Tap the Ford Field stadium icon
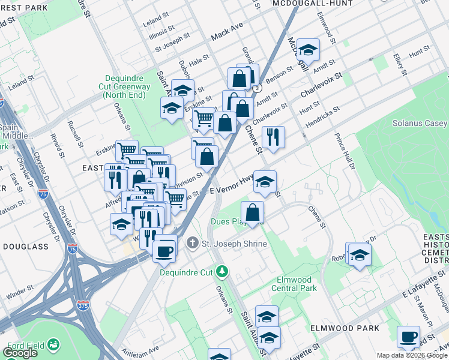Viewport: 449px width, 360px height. point(53,344)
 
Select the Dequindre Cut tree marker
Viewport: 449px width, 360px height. point(223,272)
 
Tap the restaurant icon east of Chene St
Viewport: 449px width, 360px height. point(273,137)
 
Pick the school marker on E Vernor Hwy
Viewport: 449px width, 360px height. point(264,182)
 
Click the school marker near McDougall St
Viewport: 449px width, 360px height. point(308,50)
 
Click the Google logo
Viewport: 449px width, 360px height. point(20,353)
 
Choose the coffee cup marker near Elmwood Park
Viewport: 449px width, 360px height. point(408,337)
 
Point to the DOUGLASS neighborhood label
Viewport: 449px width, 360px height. point(25,247)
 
